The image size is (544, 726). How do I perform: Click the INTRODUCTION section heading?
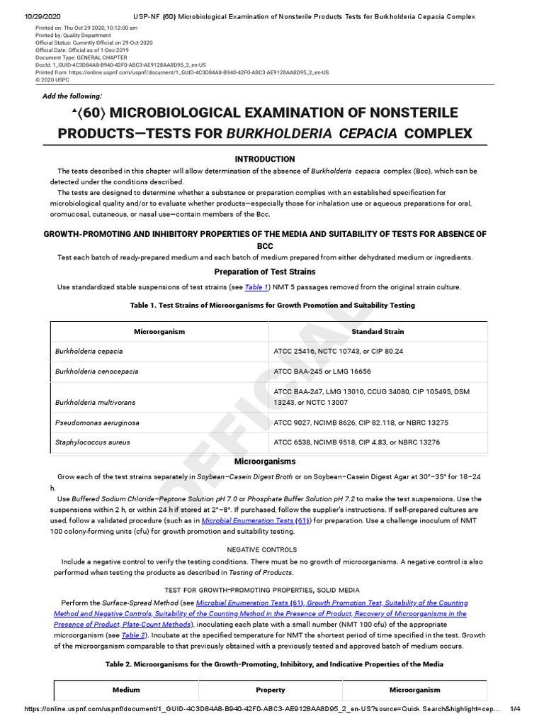click(265, 159)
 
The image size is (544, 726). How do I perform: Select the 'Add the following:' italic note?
click(72, 96)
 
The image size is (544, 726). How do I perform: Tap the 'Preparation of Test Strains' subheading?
click(265, 272)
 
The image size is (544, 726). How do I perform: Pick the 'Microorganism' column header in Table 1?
click(159, 331)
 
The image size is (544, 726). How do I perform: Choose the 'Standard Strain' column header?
click(378, 331)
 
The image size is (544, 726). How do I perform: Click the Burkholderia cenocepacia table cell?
click(97, 372)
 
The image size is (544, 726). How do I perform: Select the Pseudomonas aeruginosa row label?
click(97, 423)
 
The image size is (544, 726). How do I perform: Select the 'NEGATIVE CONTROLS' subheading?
click(261, 549)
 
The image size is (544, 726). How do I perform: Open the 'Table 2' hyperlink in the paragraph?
click(134, 635)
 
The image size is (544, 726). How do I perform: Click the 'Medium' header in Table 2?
click(126, 690)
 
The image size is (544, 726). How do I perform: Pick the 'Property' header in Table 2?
click(270, 690)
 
